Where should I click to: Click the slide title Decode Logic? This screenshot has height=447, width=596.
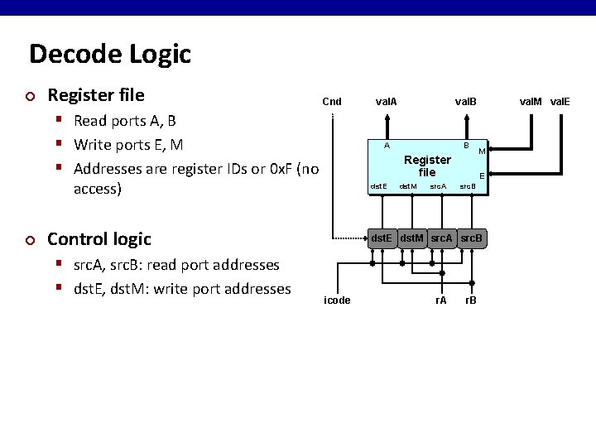tap(110, 55)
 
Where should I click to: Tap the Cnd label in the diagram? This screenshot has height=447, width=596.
tap(332, 102)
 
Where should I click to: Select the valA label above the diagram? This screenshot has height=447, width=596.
tap(386, 102)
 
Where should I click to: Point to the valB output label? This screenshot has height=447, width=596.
tap(466, 102)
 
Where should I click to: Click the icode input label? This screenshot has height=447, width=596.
tap(337, 300)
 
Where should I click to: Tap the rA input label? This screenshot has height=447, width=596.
tap(440, 300)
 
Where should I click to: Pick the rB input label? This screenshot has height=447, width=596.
tap(470, 300)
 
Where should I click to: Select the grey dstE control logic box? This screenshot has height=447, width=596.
tap(382, 238)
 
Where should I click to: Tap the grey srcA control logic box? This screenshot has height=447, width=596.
tap(442, 238)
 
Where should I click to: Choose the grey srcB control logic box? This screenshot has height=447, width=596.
tap(472, 238)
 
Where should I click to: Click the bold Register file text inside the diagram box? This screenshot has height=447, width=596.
tap(427, 166)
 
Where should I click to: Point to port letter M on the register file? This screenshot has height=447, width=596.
tap(481, 151)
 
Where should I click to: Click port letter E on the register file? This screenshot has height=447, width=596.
tap(482, 175)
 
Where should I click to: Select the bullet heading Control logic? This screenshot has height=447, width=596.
tap(99, 239)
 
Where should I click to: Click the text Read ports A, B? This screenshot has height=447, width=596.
tap(124, 121)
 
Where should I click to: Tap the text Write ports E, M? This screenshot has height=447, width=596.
tap(127, 145)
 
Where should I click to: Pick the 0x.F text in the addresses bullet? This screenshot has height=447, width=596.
tap(281, 169)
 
